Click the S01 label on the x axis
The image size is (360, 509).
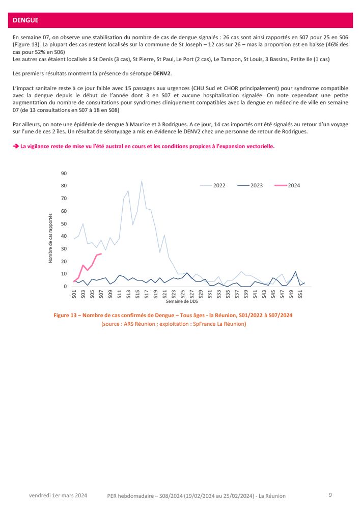tap(74, 294)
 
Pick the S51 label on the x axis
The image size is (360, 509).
tap(300, 294)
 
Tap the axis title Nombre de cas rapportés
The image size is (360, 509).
tap(51, 238)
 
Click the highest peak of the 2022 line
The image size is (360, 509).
tap(142, 181)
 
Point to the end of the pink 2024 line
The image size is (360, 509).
tap(101, 253)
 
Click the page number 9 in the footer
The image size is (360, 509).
tap(330, 494)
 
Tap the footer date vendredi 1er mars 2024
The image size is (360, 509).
tap(58, 495)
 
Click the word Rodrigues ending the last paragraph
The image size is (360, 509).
tap(307, 132)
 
